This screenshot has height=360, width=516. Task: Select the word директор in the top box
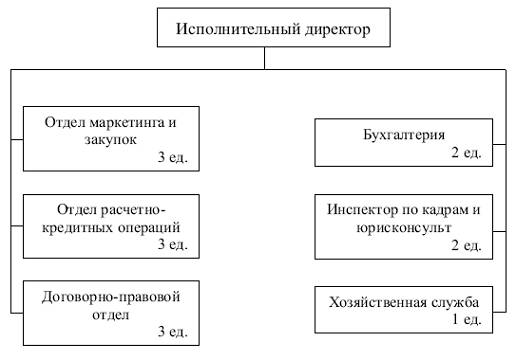[337, 29]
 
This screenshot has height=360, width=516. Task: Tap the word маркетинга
[127, 123]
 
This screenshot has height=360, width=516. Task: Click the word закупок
[110, 139]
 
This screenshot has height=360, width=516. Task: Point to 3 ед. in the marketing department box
[173, 156]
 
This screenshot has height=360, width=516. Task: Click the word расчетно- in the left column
[133, 210]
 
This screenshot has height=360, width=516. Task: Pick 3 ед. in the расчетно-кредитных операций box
[173, 244]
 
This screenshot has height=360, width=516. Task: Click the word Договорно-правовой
[111, 297]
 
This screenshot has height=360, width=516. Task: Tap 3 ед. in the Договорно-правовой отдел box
[173, 331]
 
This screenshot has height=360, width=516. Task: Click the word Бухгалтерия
[404, 135]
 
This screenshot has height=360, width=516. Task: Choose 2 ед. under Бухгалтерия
[466, 152]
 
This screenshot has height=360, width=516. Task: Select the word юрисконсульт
[404, 228]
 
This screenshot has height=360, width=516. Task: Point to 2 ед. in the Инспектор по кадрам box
[466, 245]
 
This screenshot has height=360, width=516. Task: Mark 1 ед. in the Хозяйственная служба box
[466, 319]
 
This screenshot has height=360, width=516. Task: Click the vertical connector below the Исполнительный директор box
[265, 58]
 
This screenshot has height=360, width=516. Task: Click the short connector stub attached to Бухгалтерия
[499, 144]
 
